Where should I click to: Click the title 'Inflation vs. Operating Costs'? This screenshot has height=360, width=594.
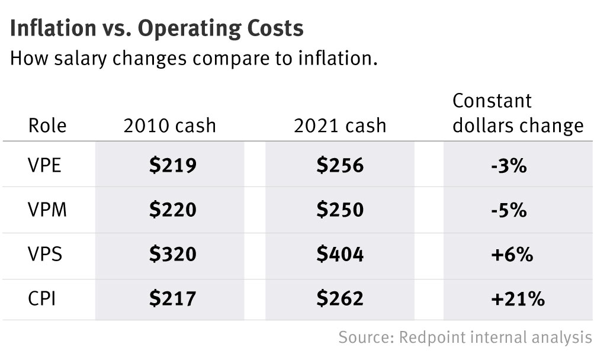click(x=156, y=28)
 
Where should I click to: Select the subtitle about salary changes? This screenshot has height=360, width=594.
click(x=194, y=59)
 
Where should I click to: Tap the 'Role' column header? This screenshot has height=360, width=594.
click(x=47, y=126)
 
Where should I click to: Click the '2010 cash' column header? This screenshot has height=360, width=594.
click(x=169, y=126)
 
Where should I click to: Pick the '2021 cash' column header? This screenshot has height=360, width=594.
click(x=339, y=126)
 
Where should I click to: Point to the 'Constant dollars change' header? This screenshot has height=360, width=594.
click(x=518, y=113)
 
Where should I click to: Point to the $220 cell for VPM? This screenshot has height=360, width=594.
click(x=172, y=210)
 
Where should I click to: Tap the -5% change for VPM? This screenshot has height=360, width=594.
click(x=508, y=210)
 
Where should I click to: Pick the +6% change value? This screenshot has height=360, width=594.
click(x=512, y=255)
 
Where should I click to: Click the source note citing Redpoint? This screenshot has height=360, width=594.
click(x=465, y=337)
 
